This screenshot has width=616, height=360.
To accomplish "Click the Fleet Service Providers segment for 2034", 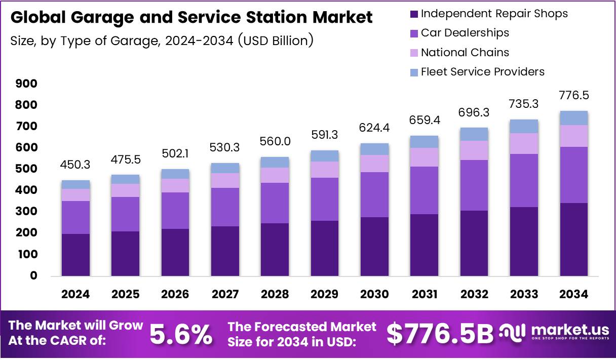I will pyautogui.click(x=574, y=118).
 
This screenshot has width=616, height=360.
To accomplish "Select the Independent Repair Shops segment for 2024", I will pyautogui.click(x=76, y=255).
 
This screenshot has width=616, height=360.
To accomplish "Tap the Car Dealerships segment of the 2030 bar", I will pyautogui.click(x=375, y=194).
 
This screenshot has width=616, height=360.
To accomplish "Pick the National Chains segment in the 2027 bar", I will pyautogui.click(x=225, y=181).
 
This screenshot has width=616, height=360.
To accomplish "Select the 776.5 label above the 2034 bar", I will pyautogui.click(x=574, y=96).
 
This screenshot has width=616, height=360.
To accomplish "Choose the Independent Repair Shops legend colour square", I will pyautogui.click(x=414, y=14).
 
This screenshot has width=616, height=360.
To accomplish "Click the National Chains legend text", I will pyautogui.click(x=465, y=52).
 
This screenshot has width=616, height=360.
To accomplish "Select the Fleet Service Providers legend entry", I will pyautogui.click(x=482, y=72).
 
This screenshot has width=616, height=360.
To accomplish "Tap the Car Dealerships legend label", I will pyautogui.click(x=465, y=33).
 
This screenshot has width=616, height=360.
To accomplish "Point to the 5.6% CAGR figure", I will pyautogui.click(x=181, y=335).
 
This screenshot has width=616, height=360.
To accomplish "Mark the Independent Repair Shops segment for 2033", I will pyautogui.click(x=524, y=242).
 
